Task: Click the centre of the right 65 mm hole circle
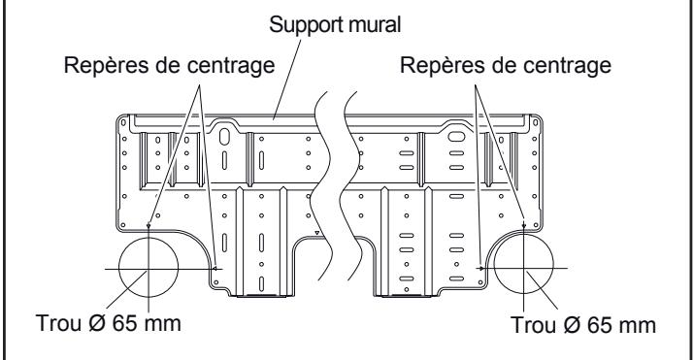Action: pos(523,267)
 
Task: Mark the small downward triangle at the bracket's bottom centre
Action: pos(317,234)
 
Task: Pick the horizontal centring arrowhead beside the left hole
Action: pos(218,267)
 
